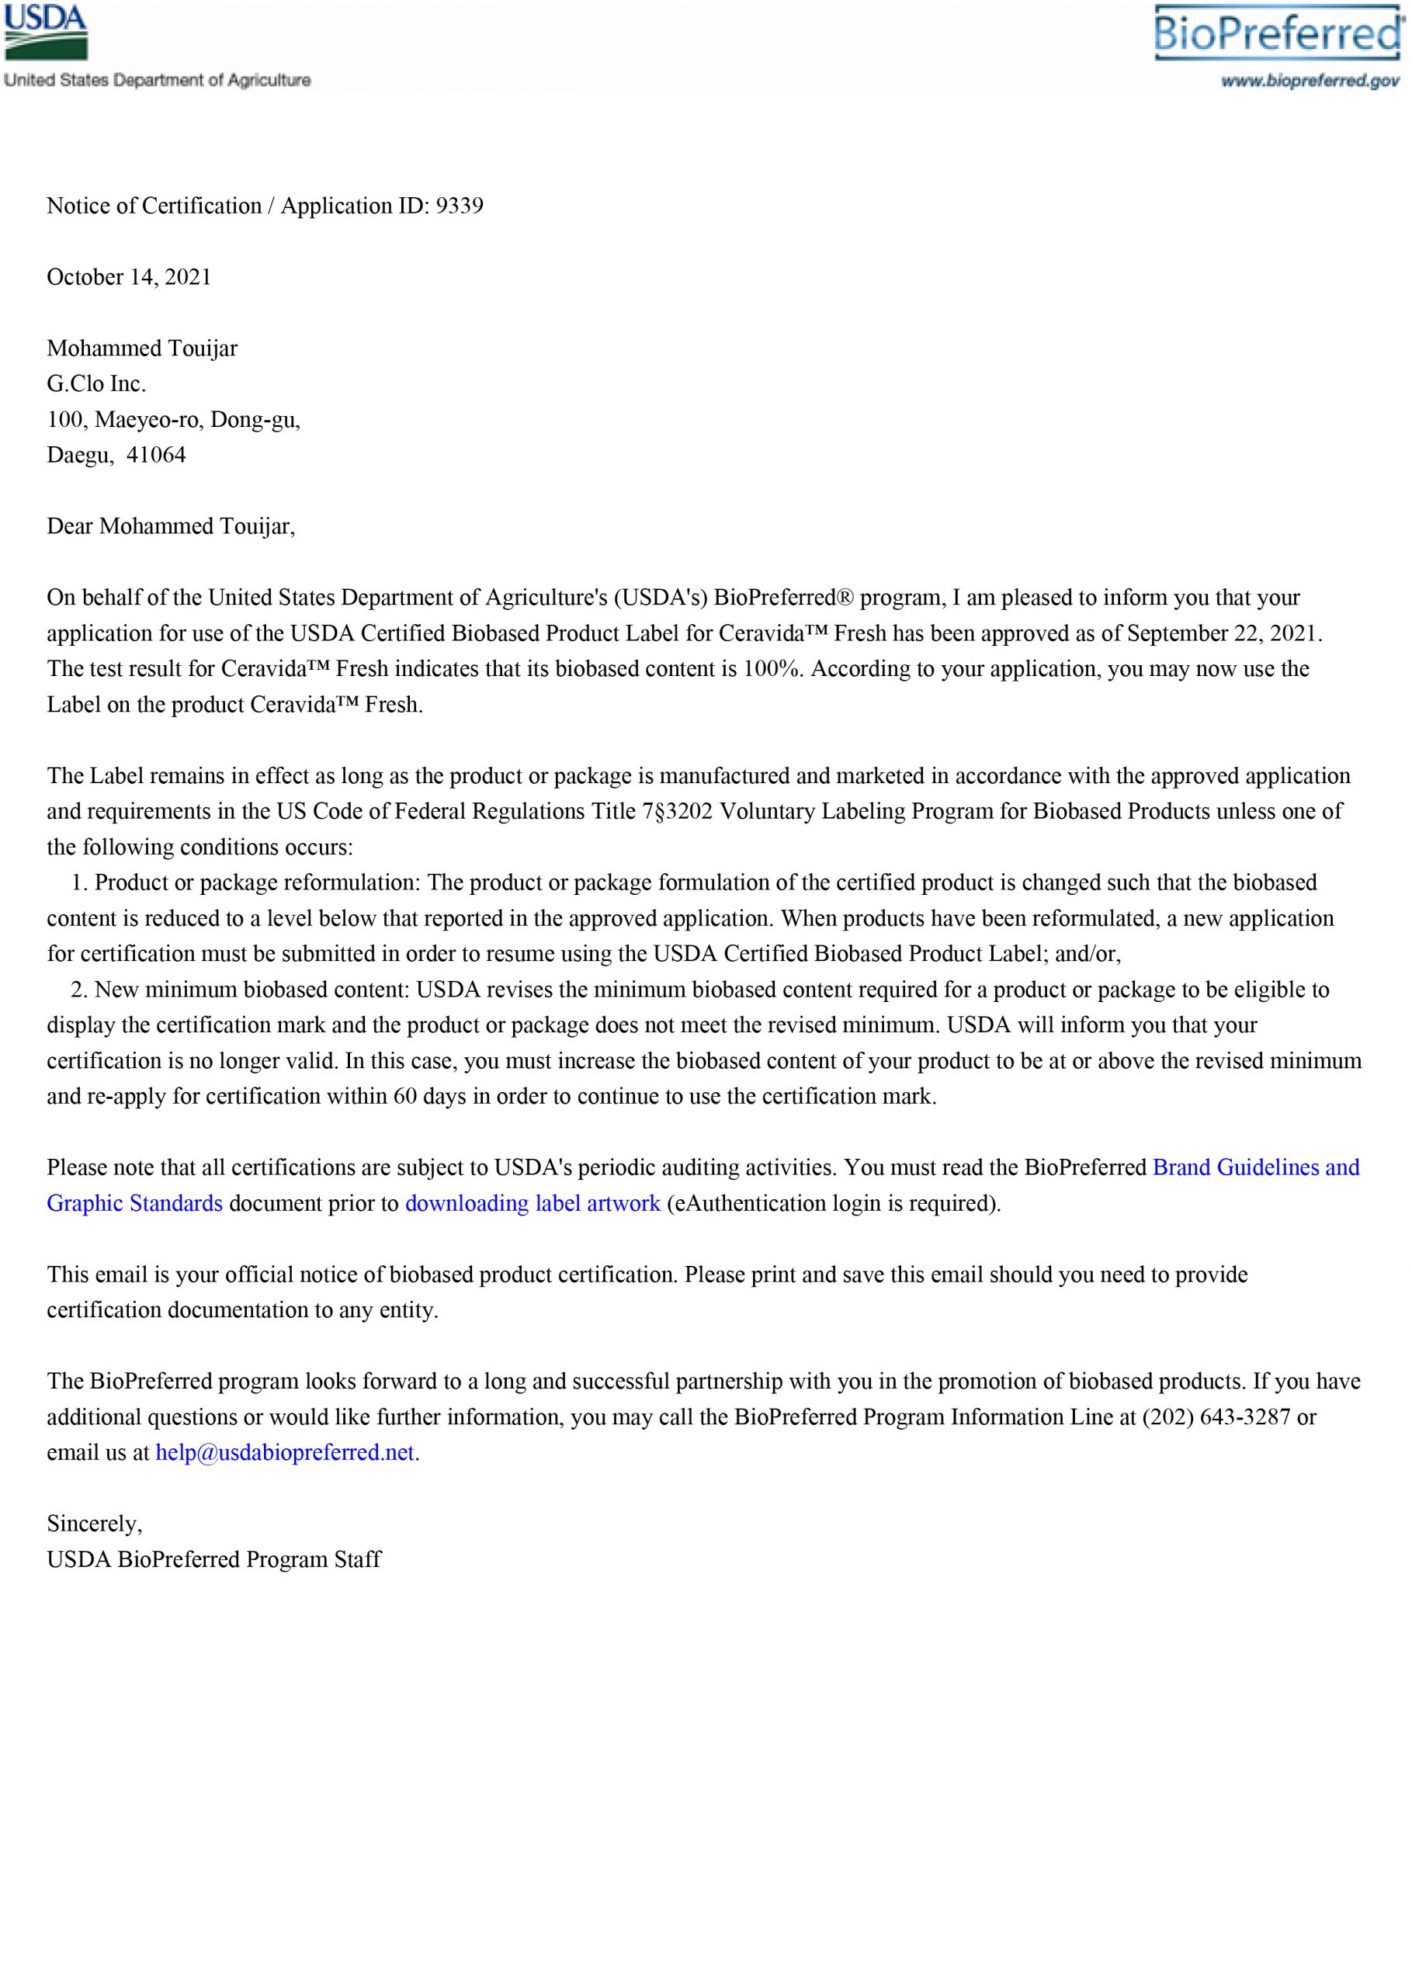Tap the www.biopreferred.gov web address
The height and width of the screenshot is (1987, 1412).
(1310, 81)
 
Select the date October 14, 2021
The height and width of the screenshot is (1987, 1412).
(129, 277)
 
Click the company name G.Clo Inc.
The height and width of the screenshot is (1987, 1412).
(96, 383)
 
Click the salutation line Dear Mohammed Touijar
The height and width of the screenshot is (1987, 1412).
(171, 526)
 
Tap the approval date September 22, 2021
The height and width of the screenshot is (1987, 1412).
(1223, 633)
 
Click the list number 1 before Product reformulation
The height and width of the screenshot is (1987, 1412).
(79, 883)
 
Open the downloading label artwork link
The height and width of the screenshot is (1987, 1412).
(532, 1203)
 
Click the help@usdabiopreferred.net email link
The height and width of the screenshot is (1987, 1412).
(284, 1452)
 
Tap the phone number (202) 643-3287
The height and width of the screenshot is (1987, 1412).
(1216, 1417)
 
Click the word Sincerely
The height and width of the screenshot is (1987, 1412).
(94, 1524)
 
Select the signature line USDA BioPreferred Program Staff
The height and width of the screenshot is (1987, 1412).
(214, 1559)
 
